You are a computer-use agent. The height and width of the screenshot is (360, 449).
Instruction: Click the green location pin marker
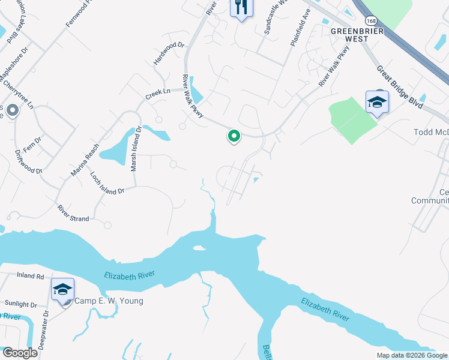pyautogui.click(x=234, y=137)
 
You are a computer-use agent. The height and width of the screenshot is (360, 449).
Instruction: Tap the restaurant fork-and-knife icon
pyautogui.click(x=241, y=8)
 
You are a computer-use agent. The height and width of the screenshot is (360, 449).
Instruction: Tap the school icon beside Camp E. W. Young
pyautogui.click(x=62, y=290)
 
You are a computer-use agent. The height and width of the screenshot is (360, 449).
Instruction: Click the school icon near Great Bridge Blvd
pyautogui.click(x=377, y=102)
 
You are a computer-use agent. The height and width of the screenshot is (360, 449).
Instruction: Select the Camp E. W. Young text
pyautogui.click(x=108, y=301)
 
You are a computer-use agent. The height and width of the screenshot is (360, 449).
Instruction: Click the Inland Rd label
pyautogui.click(x=31, y=277)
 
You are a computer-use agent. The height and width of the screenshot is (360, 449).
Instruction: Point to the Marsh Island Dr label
pyautogui.click(x=136, y=148)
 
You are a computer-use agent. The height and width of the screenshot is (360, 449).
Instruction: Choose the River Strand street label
pyautogui.click(x=73, y=214)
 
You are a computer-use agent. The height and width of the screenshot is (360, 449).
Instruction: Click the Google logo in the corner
pyautogui.click(x=19, y=353)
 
